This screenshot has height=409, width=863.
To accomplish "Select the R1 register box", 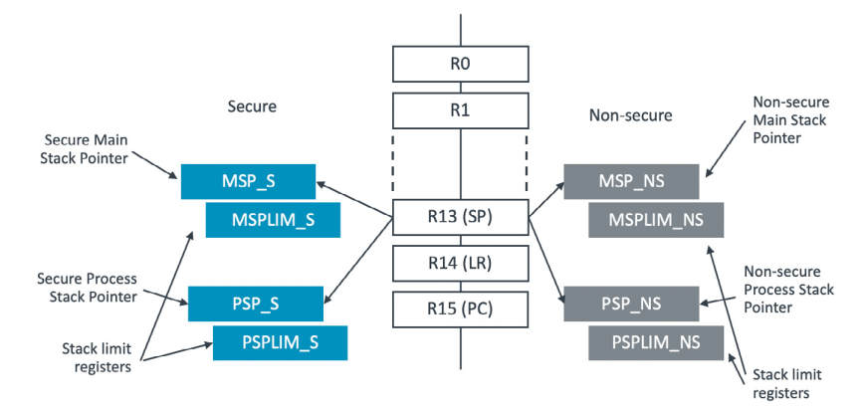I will [460, 110].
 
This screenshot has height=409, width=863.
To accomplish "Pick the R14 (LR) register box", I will [460, 264].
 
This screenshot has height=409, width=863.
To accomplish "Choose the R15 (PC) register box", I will [460, 309].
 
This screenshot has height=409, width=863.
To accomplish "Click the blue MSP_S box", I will [249, 181].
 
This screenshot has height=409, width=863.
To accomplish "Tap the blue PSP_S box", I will [256, 303].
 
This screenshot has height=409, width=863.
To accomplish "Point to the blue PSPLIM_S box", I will [280, 341].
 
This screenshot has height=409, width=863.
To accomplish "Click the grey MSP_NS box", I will [631, 181].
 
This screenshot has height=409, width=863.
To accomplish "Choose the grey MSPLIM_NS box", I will [654, 219].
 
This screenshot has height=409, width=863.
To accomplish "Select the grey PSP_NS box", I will [631, 303].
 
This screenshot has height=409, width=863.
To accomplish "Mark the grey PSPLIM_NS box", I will [654, 341].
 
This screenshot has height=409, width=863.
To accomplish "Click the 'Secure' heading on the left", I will [251, 105].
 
